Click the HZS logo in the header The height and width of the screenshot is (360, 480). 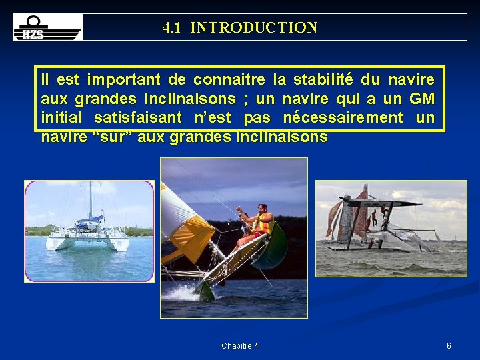pyautogui.click(x=48, y=27)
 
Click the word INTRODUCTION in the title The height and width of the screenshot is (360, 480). pyautogui.click(x=253, y=28)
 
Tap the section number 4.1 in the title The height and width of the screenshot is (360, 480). pyautogui.click(x=173, y=28)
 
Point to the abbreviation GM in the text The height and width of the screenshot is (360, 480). pyautogui.click(x=421, y=99)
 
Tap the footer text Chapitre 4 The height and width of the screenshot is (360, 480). pyautogui.click(x=240, y=346)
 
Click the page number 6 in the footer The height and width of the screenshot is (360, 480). pyautogui.click(x=449, y=346)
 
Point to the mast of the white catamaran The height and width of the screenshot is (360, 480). pyautogui.click(x=91, y=200)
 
